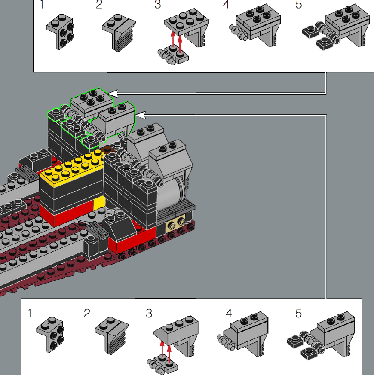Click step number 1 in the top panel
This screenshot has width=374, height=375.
click(42, 4)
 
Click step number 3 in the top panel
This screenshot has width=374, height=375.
click(157, 4)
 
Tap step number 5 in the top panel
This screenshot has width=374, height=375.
click(298, 4)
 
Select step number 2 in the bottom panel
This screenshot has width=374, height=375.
click(87, 313)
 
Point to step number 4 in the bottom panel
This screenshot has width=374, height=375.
click(229, 313)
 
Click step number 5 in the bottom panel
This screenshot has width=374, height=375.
click(298, 313)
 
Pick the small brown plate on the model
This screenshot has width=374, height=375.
click(107, 149)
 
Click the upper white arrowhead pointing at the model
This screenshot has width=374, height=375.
click(113, 94)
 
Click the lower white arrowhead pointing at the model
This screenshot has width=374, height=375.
click(140, 115)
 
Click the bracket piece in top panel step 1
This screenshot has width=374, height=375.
click(61, 31)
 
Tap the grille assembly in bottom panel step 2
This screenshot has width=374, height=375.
click(112, 335)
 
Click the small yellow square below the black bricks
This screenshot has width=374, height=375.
click(99, 203)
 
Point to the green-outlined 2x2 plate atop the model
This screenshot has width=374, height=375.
click(92, 101)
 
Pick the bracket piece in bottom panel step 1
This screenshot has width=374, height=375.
click(51, 334)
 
